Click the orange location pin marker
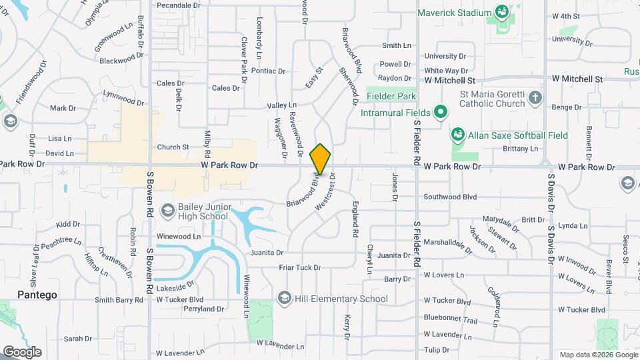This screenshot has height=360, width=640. [x=320, y=159]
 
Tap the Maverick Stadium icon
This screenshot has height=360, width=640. [x=501, y=13]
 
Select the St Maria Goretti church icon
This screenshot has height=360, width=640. [x=535, y=99]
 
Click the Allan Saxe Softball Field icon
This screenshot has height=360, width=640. [x=458, y=135]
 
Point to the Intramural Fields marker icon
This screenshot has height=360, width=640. [x=440, y=113]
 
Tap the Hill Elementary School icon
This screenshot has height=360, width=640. [x=285, y=299]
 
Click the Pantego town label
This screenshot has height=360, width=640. [x=37, y=295]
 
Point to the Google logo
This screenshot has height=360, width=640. [x=22, y=351]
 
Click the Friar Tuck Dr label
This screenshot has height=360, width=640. [x=300, y=268]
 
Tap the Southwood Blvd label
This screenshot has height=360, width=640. [x=451, y=197]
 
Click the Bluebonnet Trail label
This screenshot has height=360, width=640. [x=451, y=320]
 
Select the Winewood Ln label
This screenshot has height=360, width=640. [x=178, y=237]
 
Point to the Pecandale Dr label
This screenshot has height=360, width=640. [x=179, y=5]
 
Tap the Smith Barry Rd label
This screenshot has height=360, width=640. [x=119, y=300]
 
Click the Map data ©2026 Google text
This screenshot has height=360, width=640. [x=597, y=355]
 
